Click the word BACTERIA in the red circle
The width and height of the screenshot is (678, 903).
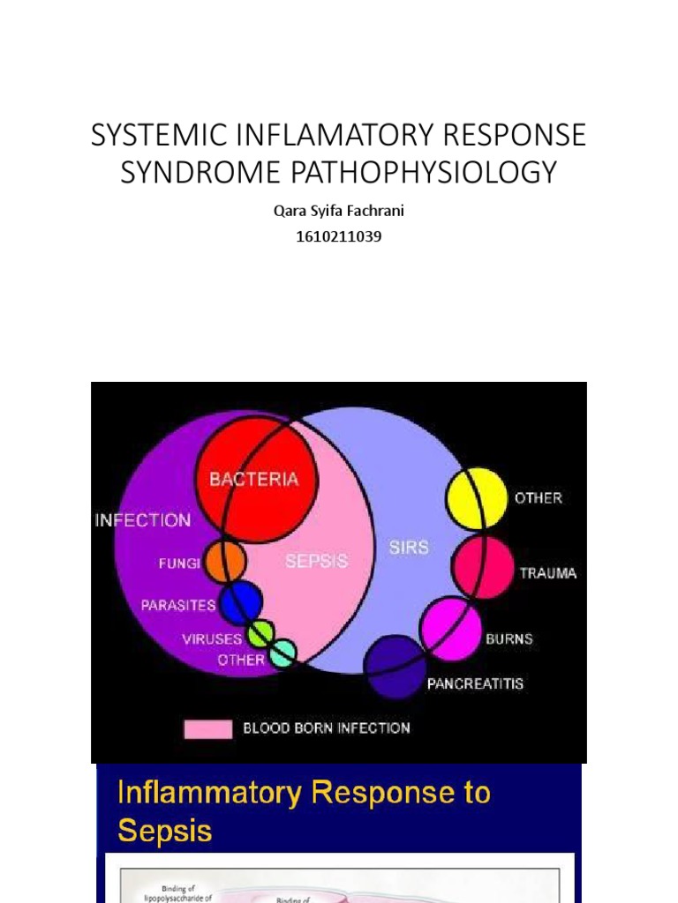point(253,480)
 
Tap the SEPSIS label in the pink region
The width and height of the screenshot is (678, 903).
point(316,561)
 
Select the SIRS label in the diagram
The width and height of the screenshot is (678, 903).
point(409,547)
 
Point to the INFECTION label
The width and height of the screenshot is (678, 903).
point(143,520)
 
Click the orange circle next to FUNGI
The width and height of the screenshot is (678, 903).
point(224,561)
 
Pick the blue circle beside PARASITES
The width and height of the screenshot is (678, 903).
point(241,603)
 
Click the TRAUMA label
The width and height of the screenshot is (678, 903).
point(548,573)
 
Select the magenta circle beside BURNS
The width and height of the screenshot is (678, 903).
point(450,627)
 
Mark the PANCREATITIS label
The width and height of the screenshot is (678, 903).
point(475,683)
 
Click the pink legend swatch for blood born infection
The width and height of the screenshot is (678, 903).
point(208,728)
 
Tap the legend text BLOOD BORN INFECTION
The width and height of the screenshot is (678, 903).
point(327,728)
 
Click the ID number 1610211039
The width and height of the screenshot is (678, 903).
point(339,236)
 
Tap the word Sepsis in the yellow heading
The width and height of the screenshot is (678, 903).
point(165,831)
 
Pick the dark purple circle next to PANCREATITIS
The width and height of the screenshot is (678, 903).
point(395,668)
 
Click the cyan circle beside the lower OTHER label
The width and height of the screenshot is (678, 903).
point(282,654)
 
